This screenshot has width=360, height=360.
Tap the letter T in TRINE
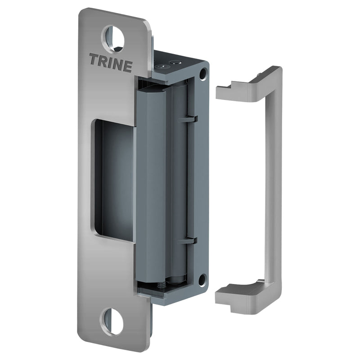coord(94,59)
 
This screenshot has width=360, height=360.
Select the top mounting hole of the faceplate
coord(113,37)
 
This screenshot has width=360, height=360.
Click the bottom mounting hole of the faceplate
coord(112,321)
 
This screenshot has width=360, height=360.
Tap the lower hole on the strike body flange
coord(202,279)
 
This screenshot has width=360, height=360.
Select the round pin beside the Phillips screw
coord(175,62)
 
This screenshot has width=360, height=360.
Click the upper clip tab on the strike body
coord(192,119)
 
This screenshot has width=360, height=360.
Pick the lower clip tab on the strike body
coord(192,240)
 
